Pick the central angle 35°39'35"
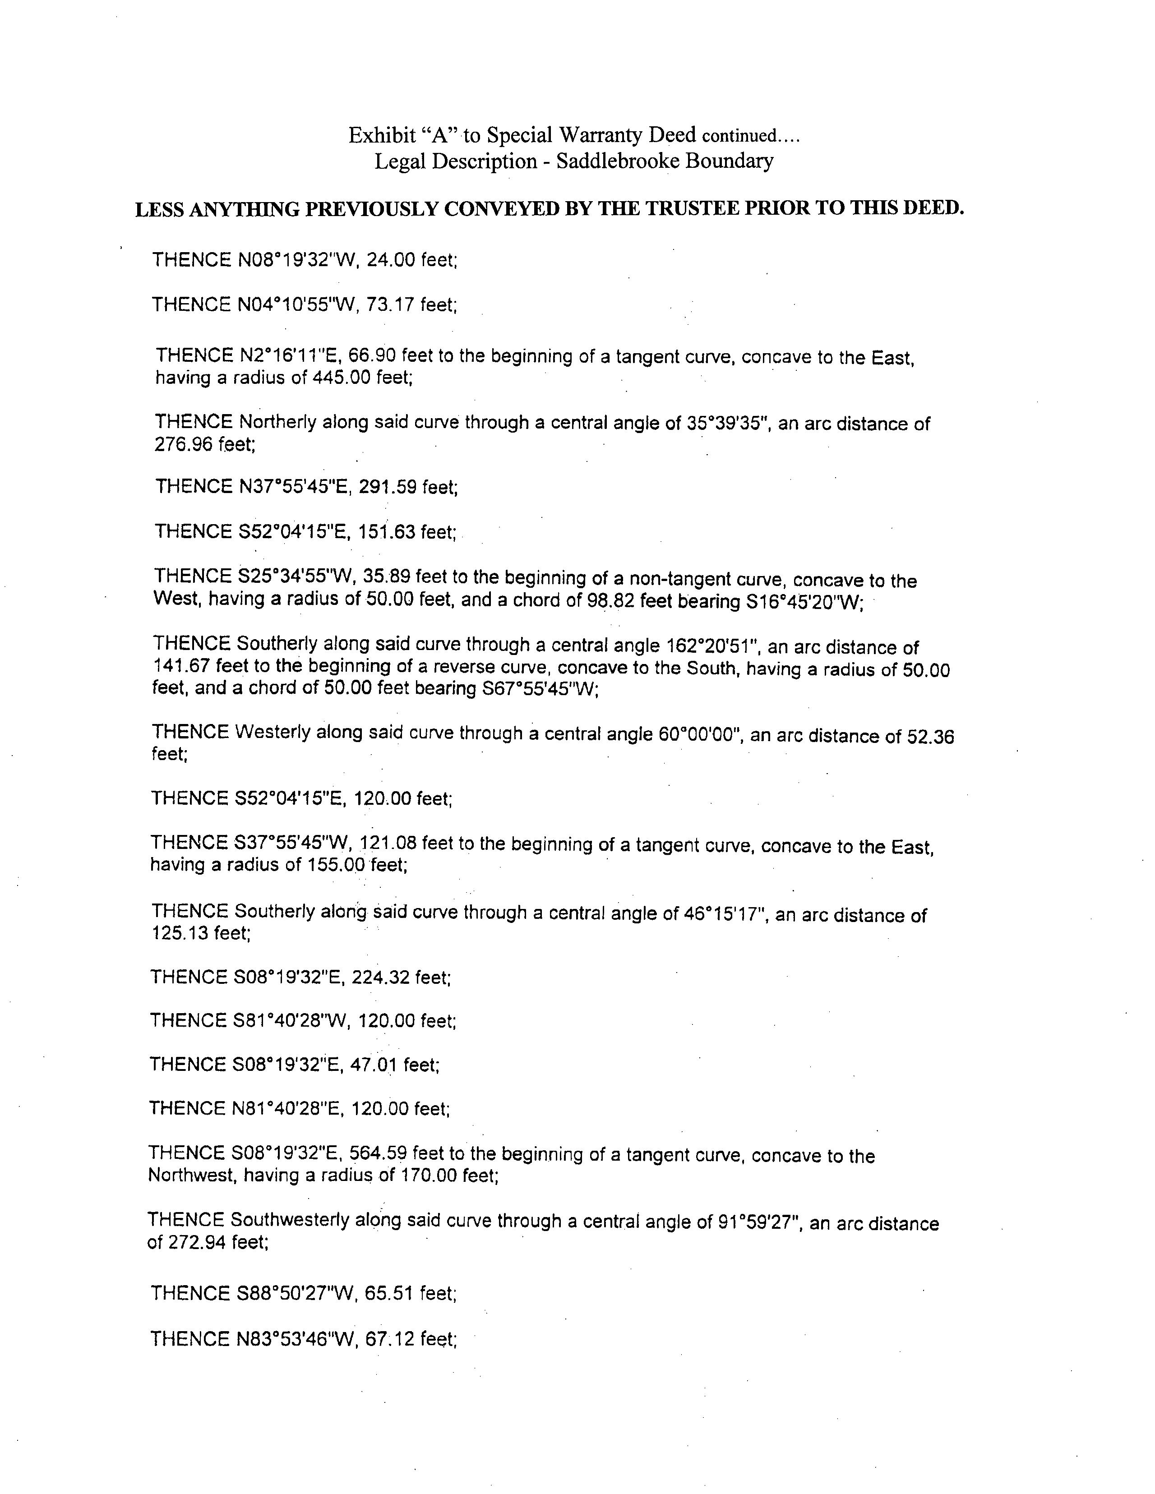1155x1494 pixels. coord(728,424)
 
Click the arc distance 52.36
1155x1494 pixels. coord(930,736)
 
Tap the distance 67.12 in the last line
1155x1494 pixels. coord(390,1339)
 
